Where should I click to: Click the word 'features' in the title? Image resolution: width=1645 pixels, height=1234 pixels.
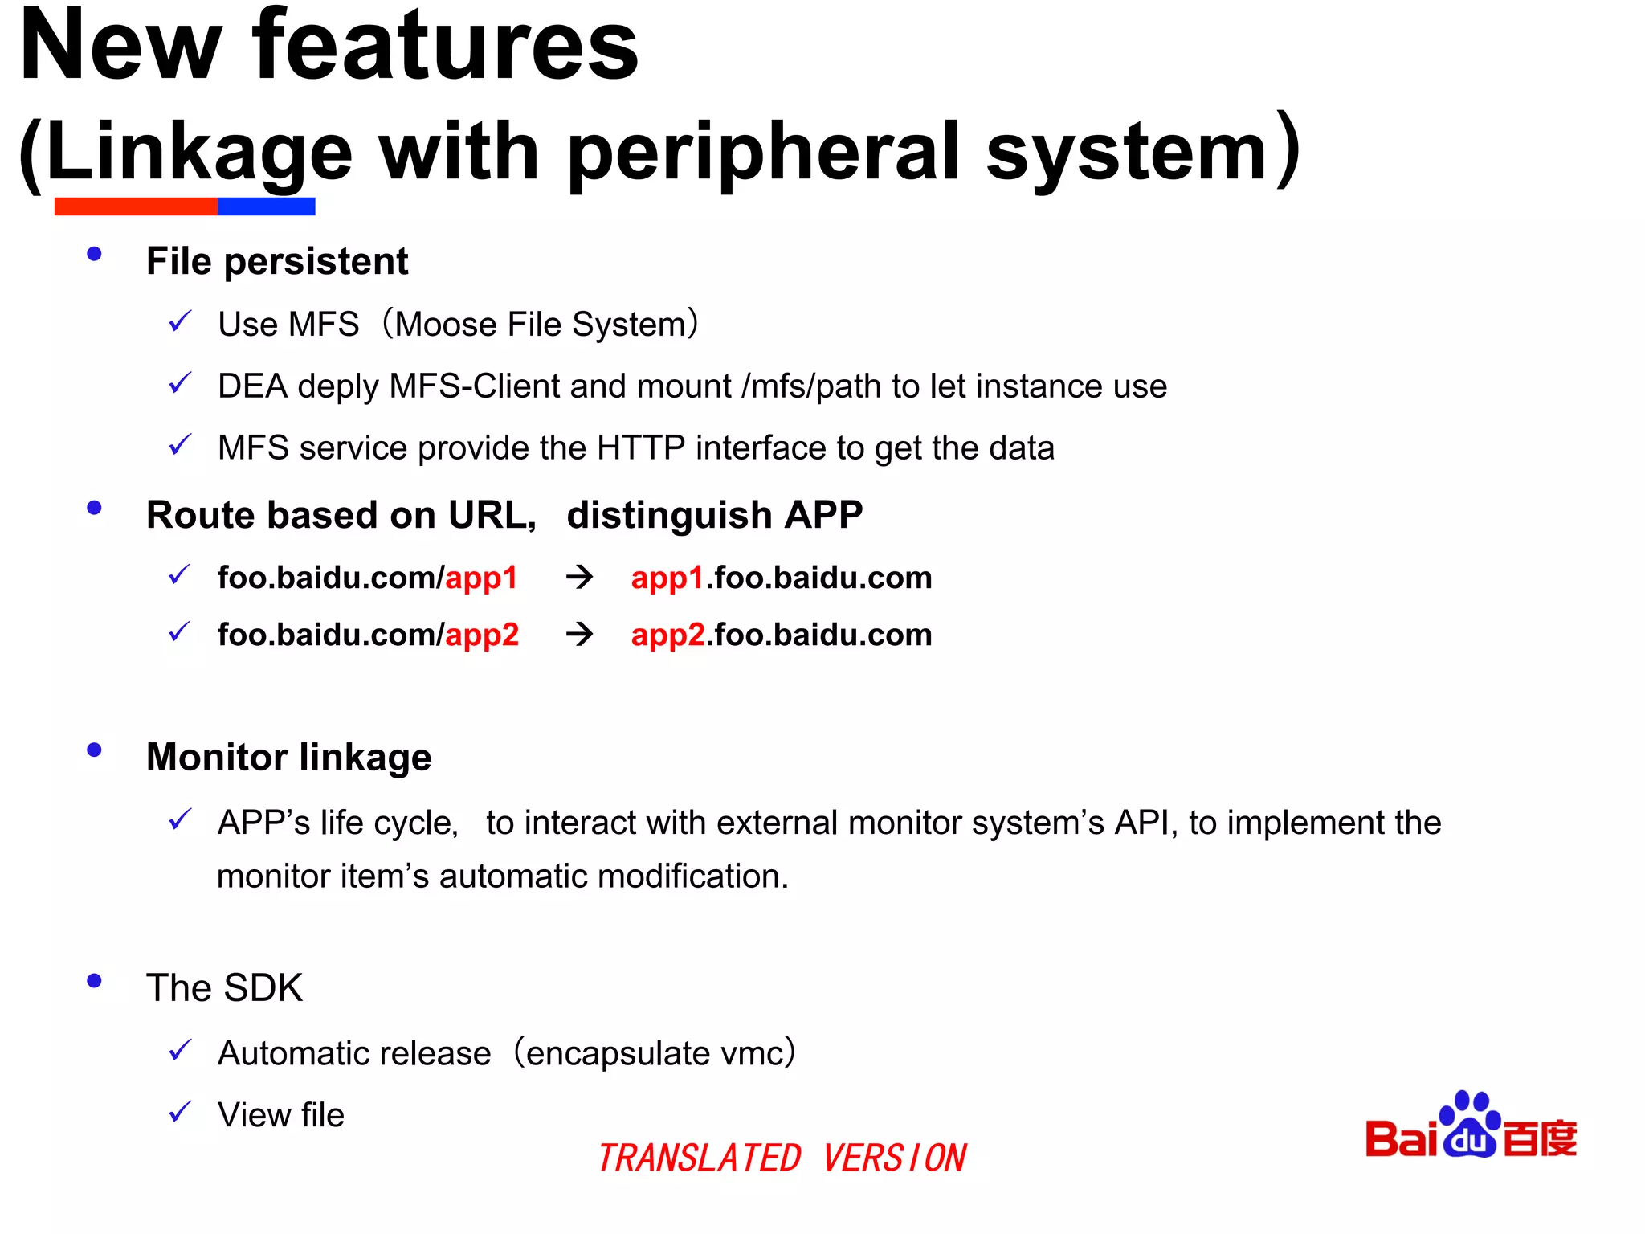[x=446, y=47]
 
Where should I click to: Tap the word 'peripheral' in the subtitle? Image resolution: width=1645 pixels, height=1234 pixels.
[x=763, y=153]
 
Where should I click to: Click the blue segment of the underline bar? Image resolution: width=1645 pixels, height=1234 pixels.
[x=266, y=206]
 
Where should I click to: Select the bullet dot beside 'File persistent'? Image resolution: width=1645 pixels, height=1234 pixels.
[x=94, y=254]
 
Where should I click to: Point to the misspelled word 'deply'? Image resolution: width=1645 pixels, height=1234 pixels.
[x=337, y=387]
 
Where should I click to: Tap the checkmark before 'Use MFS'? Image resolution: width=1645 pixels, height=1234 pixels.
[x=180, y=322]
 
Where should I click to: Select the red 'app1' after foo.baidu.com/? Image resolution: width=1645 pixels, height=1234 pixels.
[x=481, y=578]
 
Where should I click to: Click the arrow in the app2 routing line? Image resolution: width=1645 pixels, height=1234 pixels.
[x=579, y=635]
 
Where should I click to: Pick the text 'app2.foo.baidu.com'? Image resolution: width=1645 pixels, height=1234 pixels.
[x=781, y=635]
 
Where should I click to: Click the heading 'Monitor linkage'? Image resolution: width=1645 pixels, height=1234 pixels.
[x=288, y=758]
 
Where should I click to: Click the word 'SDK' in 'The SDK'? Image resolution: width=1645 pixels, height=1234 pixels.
[x=263, y=988]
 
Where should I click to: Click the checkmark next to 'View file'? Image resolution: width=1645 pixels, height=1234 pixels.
[x=180, y=1113]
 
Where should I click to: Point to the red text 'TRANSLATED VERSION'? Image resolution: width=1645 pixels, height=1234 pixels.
[x=782, y=1158]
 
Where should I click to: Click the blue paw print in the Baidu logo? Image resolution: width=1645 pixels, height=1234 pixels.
[x=1470, y=1124]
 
